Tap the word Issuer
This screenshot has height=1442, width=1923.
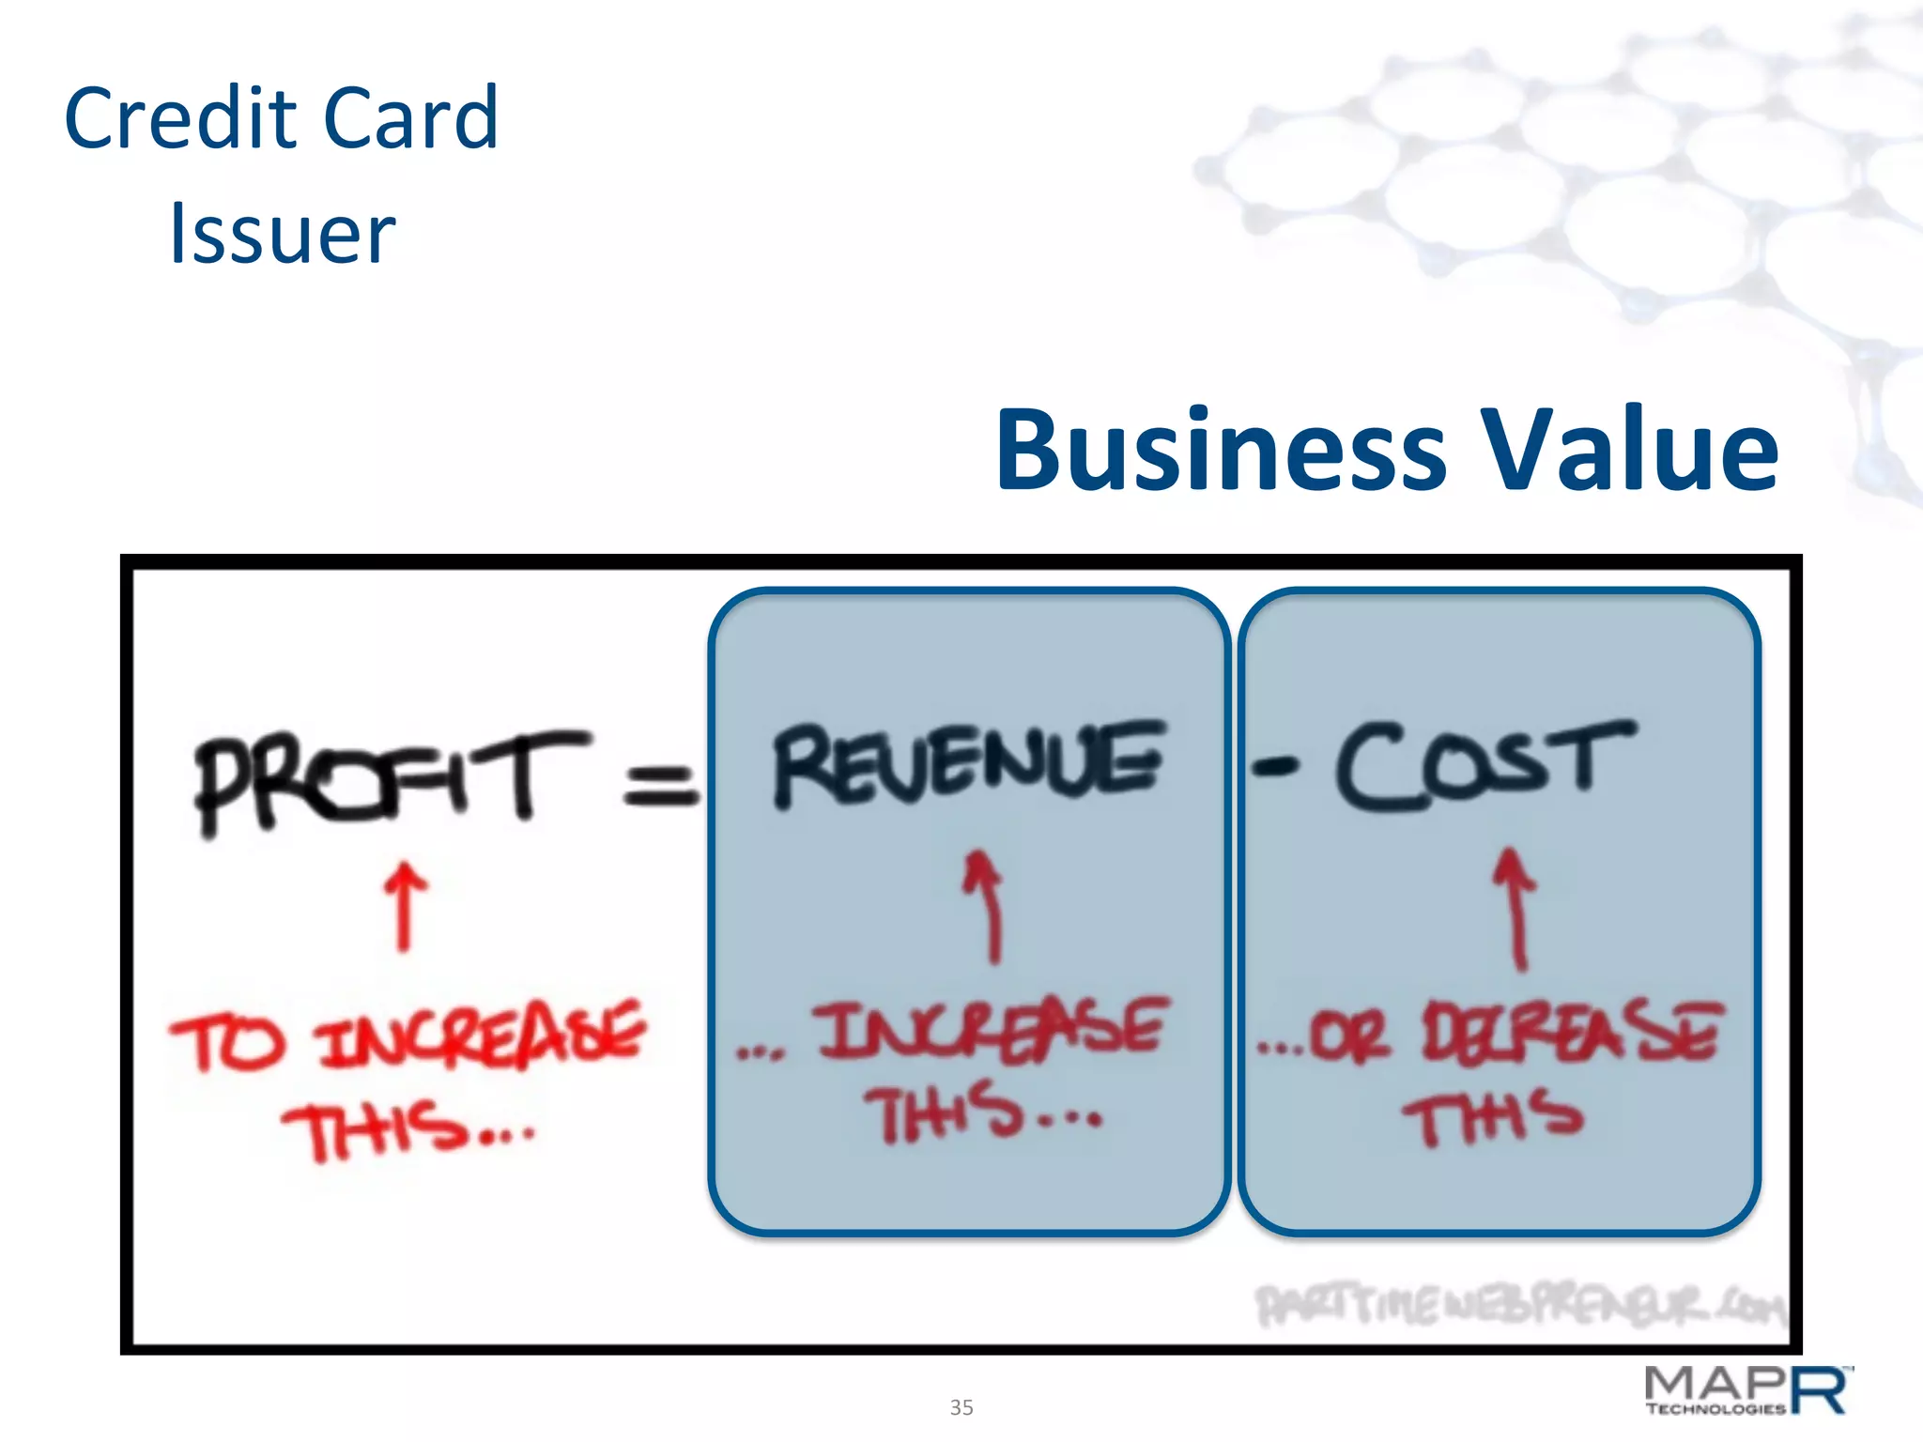pos(282,234)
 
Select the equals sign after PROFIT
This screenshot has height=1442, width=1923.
pos(661,785)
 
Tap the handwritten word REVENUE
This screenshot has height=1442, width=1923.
pos(967,764)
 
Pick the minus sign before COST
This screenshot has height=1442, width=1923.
pos(1275,768)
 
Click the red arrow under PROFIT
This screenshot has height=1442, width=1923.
pos(405,907)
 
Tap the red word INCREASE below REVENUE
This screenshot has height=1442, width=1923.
pos(991,1029)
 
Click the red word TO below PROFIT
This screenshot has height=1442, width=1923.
pos(225,1042)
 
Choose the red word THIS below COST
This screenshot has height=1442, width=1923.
pos(1493,1117)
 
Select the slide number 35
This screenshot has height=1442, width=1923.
pos(961,1407)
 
